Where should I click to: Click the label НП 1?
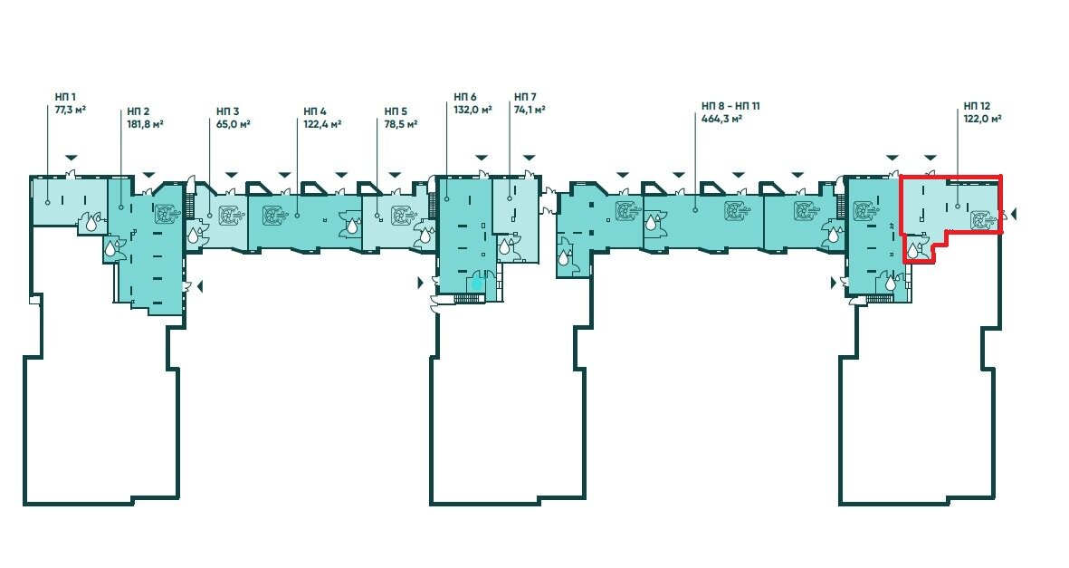[x=65, y=97]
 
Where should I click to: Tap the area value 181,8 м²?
[x=145, y=124]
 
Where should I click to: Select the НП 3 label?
[x=228, y=111]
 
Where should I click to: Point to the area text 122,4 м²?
[x=322, y=124]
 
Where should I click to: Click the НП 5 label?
[x=396, y=111]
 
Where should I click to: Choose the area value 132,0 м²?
[x=473, y=110]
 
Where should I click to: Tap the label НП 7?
[x=525, y=97]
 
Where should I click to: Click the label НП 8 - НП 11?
[x=730, y=106]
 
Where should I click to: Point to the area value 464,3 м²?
[x=722, y=119]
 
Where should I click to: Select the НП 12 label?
[x=977, y=106]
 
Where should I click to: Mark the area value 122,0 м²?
[x=982, y=119]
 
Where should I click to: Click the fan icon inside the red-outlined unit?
[x=982, y=220]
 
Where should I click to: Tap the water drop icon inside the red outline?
[x=913, y=251]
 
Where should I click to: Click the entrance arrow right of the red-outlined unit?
[x=1014, y=215]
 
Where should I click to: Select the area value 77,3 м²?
[x=71, y=110]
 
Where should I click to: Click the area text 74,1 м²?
[x=530, y=110]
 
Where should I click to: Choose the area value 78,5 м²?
[x=401, y=124]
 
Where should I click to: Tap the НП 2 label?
[x=138, y=111]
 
